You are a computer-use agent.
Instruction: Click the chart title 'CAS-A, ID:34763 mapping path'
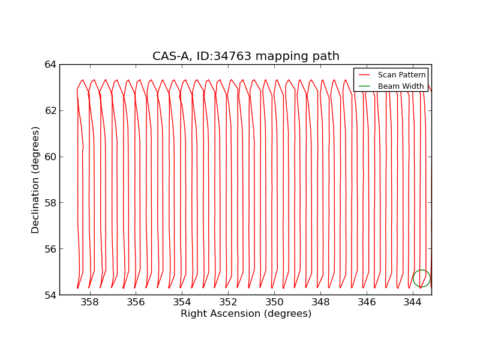(x=245, y=56)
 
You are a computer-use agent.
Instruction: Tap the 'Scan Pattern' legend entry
(x=401, y=75)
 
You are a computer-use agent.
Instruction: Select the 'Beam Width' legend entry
(x=400, y=86)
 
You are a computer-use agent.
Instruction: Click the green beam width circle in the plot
(x=421, y=278)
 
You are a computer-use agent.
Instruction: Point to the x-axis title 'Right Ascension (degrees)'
(x=246, y=314)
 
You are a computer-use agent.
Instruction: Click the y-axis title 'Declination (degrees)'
(x=36, y=179)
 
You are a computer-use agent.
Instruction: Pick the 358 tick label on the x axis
(x=90, y=302)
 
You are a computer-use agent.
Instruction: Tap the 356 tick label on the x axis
(x=136, y=302)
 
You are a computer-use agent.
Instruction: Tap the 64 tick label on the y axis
(x=50, y=64)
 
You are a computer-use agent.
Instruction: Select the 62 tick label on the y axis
(x=50, y=110)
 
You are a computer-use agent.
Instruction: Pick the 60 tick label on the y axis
(x=50, y=157)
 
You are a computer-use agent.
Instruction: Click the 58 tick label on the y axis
(x=50, y=203)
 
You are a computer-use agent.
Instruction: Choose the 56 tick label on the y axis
(x=50, y=249)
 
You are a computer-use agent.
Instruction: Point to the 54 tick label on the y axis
(x=50, y=295)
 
